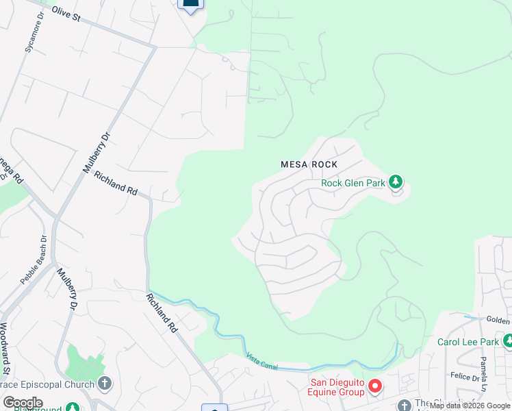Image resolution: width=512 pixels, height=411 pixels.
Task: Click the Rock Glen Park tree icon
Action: [395, 182]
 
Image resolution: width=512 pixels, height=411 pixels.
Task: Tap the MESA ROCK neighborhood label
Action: [309, 164]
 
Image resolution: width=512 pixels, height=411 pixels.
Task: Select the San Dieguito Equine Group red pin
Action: [374, 387]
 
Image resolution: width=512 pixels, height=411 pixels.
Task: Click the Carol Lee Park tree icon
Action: [508, 341]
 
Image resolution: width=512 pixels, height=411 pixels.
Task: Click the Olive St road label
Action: [66, 14]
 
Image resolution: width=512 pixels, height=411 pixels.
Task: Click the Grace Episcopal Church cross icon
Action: [104, 383]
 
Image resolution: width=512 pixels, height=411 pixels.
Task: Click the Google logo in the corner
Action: [23, 403]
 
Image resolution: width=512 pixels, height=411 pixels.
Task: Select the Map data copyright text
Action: [470, 406]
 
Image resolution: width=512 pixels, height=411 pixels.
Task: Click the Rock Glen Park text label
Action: [353, 183]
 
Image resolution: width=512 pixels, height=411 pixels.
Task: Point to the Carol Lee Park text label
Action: [469, 342]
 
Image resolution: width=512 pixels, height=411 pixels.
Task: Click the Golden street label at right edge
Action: [498, 321]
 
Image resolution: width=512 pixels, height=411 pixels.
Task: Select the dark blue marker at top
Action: [191, 4]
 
